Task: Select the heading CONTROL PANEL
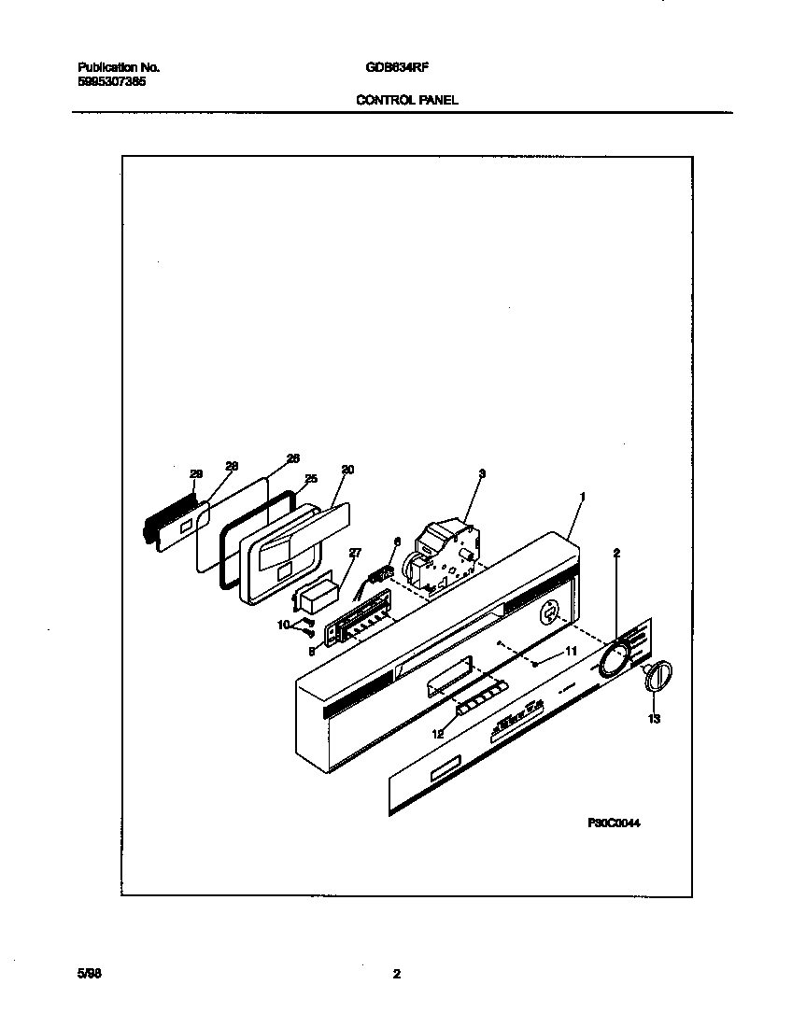[x=407, y=100]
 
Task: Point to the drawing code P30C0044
[x=615, y=823]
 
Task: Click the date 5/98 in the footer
[x=88, y=973]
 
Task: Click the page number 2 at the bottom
[x=396, y=974]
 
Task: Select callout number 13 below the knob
[x=654, y=719]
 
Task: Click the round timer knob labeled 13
[x=658, y=674]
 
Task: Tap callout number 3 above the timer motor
[x=481, y=474]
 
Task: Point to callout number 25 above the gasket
[x=311, y=479]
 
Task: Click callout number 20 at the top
[x=347, y=470]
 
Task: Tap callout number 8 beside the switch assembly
[x=311, y=653]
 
